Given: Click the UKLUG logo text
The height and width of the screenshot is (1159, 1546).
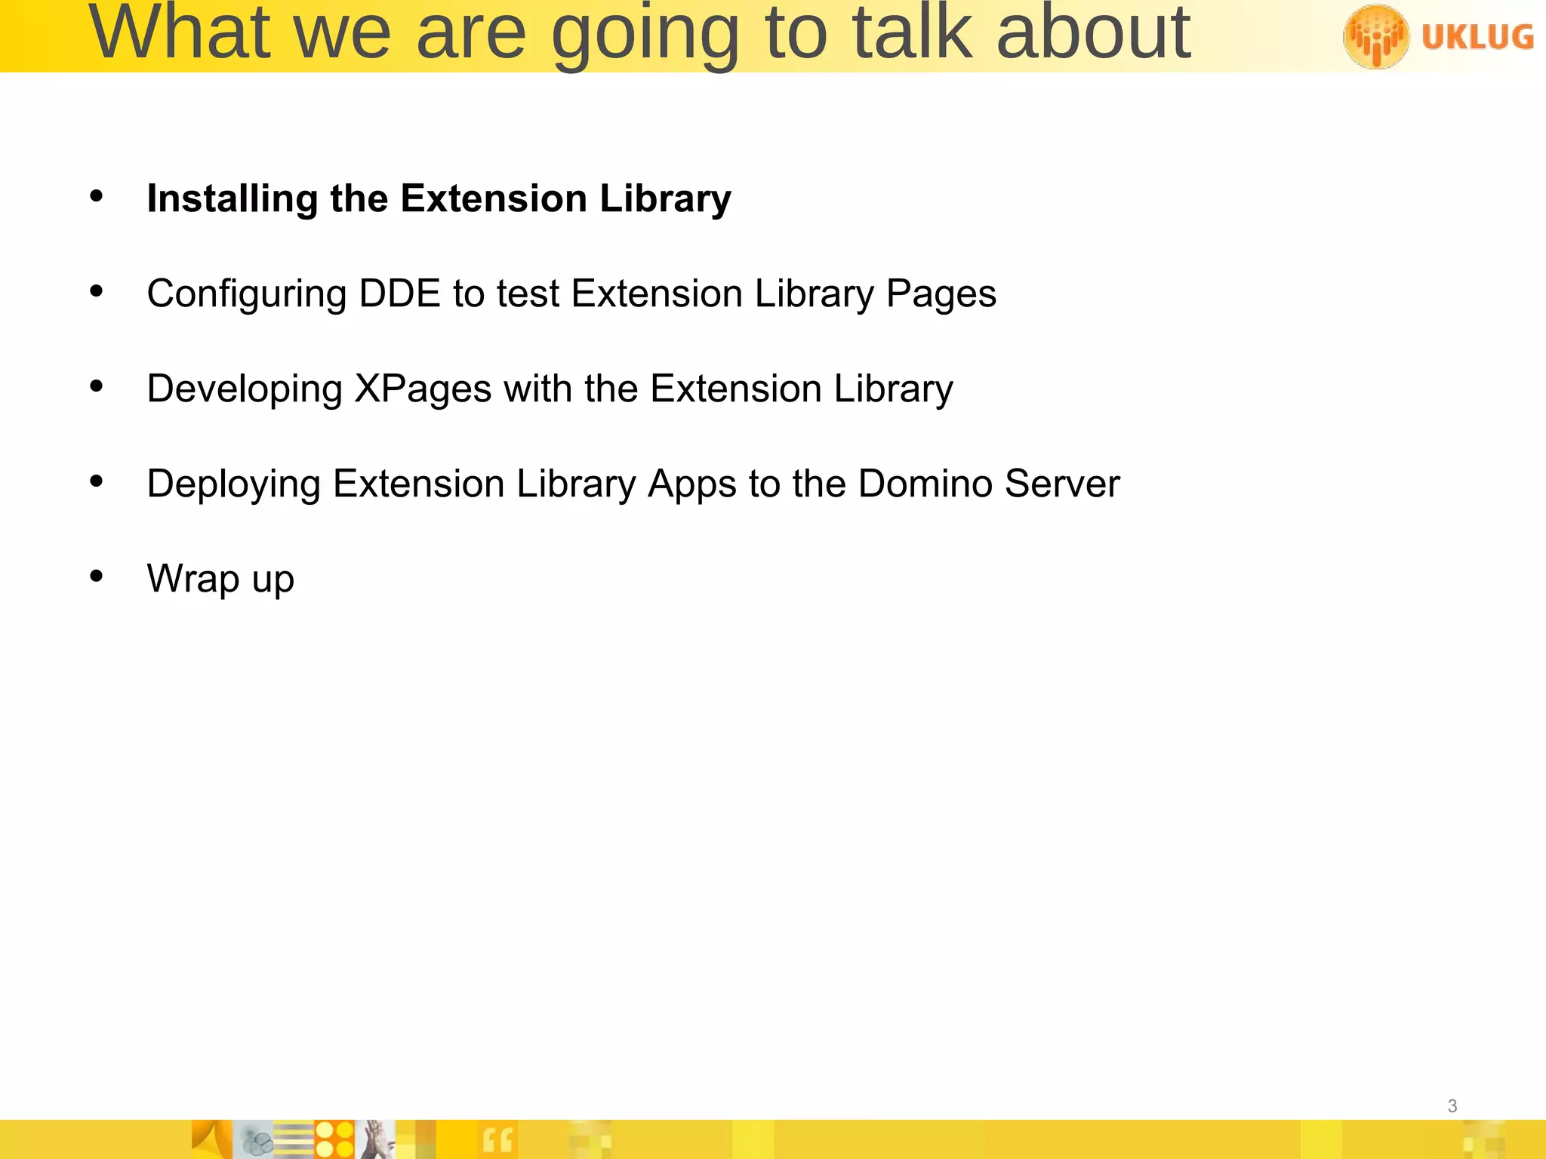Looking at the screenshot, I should pyautogui.click(x=1477, y=36).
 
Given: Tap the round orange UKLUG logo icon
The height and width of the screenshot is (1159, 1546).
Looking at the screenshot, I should pyautogui.click(x=1375, y=36).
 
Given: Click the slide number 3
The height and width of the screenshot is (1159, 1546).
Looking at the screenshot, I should pyautogui.click(x=1452, y=1106).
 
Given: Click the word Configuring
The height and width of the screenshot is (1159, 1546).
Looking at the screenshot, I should pyautogui.click(x=246, y=294).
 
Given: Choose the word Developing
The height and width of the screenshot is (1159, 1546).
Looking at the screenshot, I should pyautogui.click(x=245, y=389).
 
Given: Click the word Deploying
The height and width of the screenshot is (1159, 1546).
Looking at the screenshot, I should pyautogui.click(x=233, y=484).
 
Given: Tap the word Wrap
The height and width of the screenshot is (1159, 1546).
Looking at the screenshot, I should pyautogui.click(x=193, y=579).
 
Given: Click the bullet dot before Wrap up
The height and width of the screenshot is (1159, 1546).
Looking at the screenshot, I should pyautogui.click(x=96, y=576).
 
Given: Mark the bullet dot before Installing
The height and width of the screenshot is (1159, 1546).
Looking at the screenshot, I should pyautogui.click(x=96, y=196).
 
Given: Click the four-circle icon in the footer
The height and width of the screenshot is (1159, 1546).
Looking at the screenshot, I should pyautogui.click(x=334, y=1139).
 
